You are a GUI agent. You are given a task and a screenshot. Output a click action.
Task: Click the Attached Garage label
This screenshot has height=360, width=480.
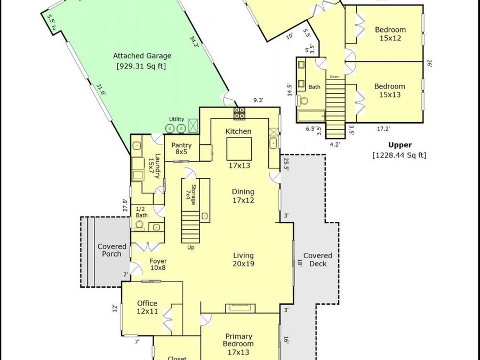(142, 56)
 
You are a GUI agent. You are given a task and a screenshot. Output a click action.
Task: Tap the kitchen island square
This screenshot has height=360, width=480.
(239, 149)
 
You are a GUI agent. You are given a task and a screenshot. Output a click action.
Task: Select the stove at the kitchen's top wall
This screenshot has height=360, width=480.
(239, 113)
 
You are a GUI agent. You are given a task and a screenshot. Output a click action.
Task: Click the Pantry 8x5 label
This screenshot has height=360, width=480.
(181, 148)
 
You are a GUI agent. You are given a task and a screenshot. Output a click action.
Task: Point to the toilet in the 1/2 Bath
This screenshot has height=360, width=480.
(139, 225)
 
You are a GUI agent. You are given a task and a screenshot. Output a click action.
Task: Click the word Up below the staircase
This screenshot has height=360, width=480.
(191, 247)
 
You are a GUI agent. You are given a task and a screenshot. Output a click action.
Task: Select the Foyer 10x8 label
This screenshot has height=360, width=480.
(158, 265)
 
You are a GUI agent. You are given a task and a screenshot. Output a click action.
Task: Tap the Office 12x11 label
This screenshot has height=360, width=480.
(147, 307)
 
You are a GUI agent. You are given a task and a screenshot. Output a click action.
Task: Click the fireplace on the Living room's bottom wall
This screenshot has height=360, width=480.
(241, 308)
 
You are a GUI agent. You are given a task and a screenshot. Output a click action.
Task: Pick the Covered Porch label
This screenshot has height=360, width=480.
(112, 250)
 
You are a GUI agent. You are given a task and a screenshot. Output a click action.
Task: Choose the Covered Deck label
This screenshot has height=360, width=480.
(318, 260)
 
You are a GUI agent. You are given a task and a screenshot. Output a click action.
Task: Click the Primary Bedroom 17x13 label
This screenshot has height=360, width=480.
(239, 344)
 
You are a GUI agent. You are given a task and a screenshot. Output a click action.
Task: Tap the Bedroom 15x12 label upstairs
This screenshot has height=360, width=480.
(390, 34)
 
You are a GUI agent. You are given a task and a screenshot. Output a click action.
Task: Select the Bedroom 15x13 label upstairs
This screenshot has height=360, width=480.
(390, 91)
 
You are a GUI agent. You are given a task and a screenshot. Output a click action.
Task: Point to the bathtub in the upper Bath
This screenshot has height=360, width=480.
(311, 116)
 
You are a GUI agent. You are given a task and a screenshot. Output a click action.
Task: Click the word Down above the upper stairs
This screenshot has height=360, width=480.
(334, 76)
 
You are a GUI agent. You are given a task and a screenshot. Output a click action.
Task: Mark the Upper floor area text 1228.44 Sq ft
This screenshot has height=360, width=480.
(399, 155)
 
